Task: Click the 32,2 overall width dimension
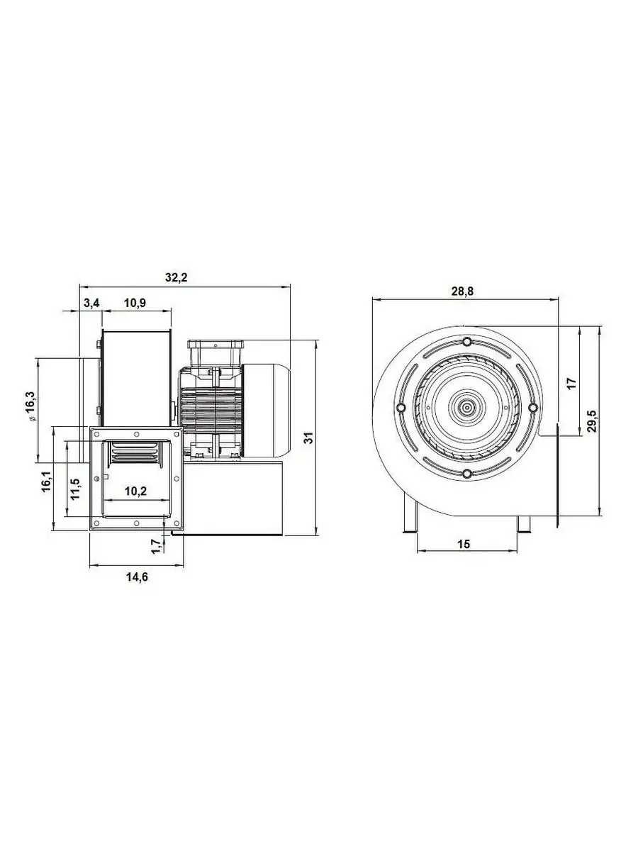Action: [177, 277]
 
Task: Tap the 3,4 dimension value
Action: [91, 304]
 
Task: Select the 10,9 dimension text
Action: [135, 304]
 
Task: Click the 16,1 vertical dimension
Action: [47, 482]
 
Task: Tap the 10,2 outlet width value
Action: [136, 491]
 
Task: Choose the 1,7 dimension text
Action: [157, 547]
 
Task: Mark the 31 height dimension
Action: [308, 438]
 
